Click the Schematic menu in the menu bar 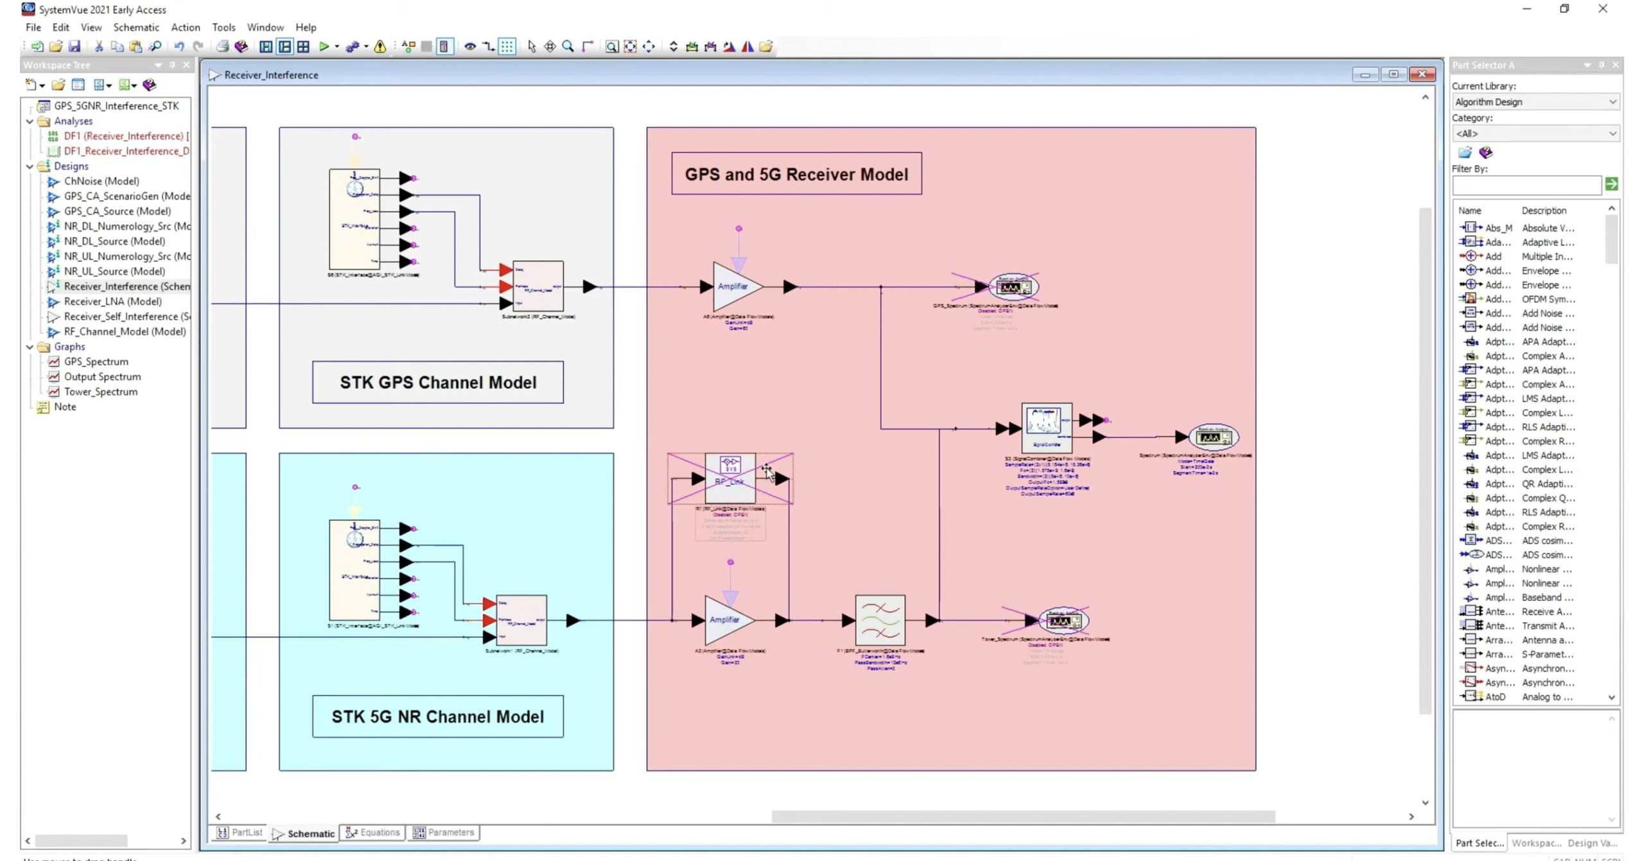(136, 27)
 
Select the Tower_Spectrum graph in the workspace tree (100, 392)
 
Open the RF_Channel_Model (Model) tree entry (125, 331)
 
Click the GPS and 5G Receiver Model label (796, 174)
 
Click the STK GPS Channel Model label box (437, 383)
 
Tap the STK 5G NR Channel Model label (437, 717)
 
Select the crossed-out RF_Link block (730, 478)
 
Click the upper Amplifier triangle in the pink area (734, 286)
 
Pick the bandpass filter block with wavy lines (880, 620)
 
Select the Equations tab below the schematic (373, 833)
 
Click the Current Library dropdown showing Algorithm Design (1534, 101)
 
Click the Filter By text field (1526, 186)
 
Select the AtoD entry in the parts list (1494, 697)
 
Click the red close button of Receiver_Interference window (1421, 74)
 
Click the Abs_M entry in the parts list (1498, 228)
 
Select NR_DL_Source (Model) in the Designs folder (114, 241)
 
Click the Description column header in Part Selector (1544, 211)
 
